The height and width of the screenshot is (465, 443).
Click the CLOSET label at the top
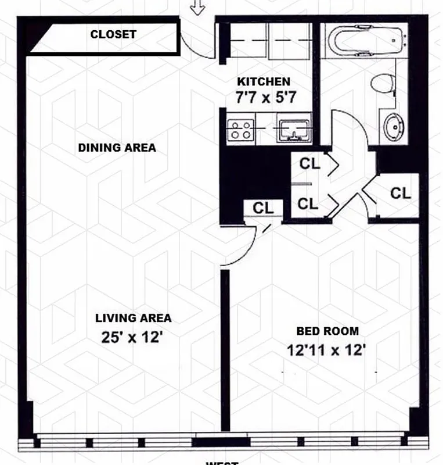[x=113, y=34]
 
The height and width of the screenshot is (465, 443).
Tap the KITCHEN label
[x=263, y=82]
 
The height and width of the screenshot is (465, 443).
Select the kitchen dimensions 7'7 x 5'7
[x=262, y=97]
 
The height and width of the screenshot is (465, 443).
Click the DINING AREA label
[x=117, y=148]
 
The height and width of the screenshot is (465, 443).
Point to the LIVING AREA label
[x=133, y=318]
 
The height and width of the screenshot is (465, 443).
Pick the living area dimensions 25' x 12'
[x=133, y=337]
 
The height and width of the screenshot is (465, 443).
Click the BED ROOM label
[x=327, y=331]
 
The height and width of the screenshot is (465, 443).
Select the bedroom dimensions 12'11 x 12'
[x=326, y=350]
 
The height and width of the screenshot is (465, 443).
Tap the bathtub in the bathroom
[x=365, y=42]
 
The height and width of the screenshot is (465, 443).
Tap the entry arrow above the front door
[x=199, y=7]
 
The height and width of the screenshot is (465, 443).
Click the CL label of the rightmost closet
[x=400, y=193]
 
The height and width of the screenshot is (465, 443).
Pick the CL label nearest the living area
[x=263, y=208]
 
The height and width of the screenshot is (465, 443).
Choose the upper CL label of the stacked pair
[x=309, y=164]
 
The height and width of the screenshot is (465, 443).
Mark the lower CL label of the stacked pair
[x=307, y=203]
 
